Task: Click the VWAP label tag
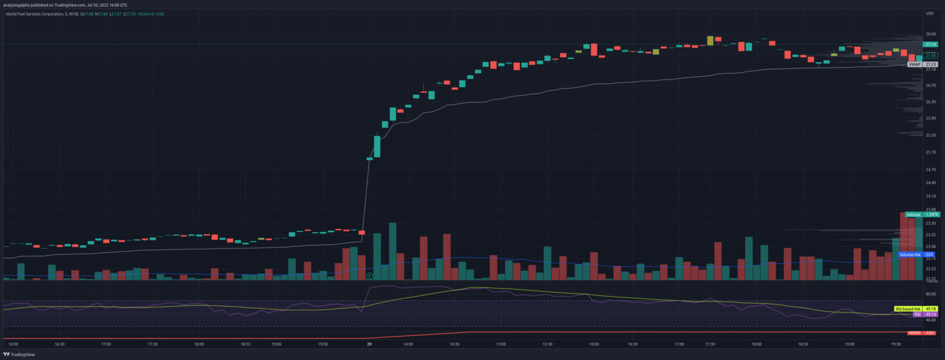(914, 64)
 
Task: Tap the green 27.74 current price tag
(930, 44)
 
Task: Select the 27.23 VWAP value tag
(930, 64)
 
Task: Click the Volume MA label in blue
(910, 255)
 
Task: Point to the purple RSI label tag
(917, 314)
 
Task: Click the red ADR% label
(915, 333)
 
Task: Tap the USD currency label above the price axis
(929, 13)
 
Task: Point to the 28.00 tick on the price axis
(930, 34)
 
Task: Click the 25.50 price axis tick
(930, 135)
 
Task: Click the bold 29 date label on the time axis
(369, 345)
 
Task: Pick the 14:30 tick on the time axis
(455, 345)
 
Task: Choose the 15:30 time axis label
(548, 345)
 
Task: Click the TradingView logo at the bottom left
(20, 354)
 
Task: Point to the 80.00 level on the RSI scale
(930, 294)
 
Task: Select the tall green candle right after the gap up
(377, 146)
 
